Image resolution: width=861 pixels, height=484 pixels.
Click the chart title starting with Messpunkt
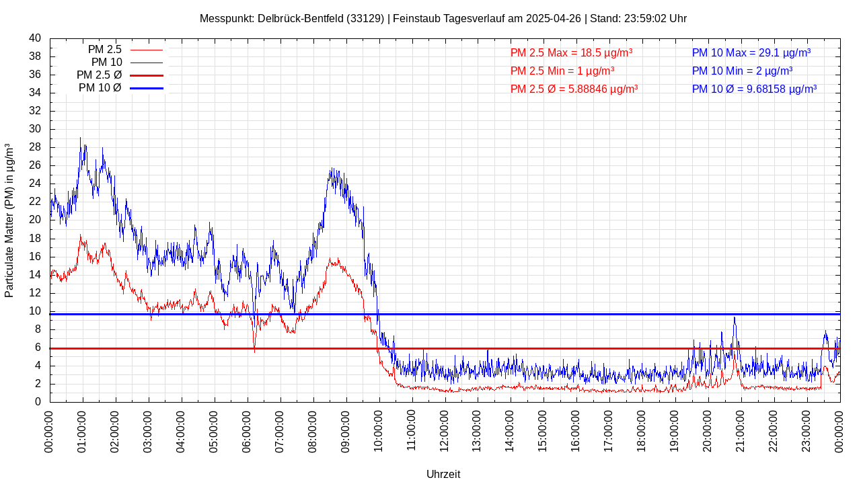pyautogui.click(x=443, y=18)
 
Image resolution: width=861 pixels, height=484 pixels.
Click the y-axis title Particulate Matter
pyautogui.click(x=9, y=220)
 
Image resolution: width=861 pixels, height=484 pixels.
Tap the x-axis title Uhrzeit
pyautogui.click(x=443, y=474)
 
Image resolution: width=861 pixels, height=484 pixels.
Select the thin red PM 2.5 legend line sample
pyautogui.click(x=147, y=50)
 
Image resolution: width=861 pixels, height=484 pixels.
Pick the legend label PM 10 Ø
pyautogui.click(x=100, y=88)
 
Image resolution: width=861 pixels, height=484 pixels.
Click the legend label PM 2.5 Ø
pyautogui.click(x=99, y=75)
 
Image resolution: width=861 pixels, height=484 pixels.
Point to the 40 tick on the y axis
pyautogui.click(x=35, y=38)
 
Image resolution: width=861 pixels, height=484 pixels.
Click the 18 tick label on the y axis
pyautogui.click(x=35, y=239)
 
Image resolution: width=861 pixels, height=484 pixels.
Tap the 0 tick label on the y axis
pyautogui.click(x=38, y=402)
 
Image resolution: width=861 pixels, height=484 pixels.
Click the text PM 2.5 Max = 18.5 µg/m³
pyautogui.click(x=571, y=53)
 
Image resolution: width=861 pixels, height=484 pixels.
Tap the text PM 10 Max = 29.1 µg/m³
pyautogui.click(x=751, y=53)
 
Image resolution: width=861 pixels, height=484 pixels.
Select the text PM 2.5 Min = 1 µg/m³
pyautogui.click(x=562, y=71)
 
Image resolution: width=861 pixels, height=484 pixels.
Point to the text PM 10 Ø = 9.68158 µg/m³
pyautogui.click(x=754, y=89)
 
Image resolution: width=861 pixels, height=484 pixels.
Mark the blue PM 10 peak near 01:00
pyautogui.click(x=81, y=139)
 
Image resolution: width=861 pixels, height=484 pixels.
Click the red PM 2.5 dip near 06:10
pyautogui.click(x=254, y=350)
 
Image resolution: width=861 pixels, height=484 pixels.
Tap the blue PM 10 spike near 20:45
pyautogui.click(x=735, y=318)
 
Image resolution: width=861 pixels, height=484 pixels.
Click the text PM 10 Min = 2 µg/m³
pyautogui.click(x=742, y=71)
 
